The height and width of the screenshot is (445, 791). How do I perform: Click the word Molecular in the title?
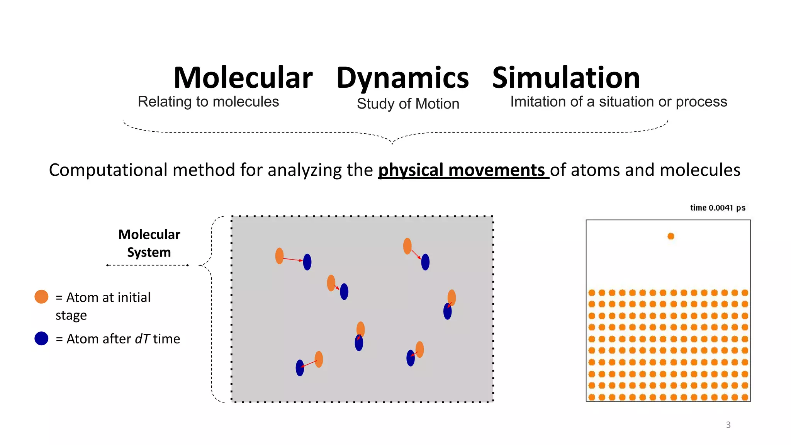coord(243,78)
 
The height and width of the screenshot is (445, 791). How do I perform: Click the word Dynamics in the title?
coord(402,78)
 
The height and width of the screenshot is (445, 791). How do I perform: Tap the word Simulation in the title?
coord(566,78)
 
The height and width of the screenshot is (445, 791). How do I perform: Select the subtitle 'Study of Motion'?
coord(408,104)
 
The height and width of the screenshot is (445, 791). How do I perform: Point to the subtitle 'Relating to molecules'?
coord(208,102)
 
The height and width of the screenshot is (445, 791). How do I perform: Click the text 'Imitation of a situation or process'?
coord(618,102)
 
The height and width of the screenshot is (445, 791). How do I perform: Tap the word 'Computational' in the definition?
coord(109,170)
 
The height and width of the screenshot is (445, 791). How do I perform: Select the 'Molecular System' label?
coord(149,243)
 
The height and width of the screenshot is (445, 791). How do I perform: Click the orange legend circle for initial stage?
coord(41,297)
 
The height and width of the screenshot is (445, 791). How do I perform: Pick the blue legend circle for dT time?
coord(41,338)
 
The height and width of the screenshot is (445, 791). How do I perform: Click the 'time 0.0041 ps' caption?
coord(718,208)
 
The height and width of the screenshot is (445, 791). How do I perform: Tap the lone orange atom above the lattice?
coord(671,236)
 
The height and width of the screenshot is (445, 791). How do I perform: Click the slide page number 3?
coord(728,425)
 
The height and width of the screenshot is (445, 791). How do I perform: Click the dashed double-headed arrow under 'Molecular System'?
coord(148,265)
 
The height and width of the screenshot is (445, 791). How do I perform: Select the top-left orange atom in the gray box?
coord(279,256)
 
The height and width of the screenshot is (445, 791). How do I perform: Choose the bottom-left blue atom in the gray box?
coord(300,368)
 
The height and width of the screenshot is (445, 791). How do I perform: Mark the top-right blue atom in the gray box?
coord(425,262)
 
